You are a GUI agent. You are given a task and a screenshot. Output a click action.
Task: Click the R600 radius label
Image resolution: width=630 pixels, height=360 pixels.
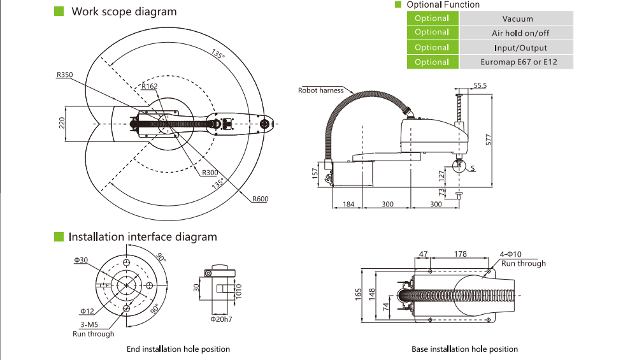[x=259, y=199]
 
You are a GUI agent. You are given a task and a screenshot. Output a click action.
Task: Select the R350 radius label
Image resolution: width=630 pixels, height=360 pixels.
[x=64, y=75]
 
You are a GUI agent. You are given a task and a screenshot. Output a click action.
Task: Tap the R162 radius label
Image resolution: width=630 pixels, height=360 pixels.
[x=150, y=87]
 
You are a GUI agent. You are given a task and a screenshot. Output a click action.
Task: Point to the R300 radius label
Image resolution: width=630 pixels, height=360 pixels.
[x=210, y=173]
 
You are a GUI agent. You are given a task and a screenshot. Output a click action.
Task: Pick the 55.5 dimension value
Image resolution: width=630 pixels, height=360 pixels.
[x=480, y=85]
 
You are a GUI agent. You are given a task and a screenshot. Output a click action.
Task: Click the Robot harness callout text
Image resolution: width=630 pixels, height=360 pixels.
[x=320, y=90]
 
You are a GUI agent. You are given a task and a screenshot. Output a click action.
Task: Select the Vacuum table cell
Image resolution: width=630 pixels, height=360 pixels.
[x=517, y=19]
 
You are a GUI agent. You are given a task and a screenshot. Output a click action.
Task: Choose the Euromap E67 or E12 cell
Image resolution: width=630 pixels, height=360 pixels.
[x=517, y=62]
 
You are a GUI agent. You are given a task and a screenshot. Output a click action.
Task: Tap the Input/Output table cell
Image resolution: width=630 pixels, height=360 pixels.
[x=517, y=48]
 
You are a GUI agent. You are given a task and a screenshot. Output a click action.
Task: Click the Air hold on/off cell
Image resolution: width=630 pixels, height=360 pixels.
[x=517, y=33]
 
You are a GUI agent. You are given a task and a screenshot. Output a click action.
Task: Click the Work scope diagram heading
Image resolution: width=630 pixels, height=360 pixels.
[x=124, y=11]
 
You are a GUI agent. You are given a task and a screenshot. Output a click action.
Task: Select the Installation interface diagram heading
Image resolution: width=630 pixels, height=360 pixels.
[x=143, y=237]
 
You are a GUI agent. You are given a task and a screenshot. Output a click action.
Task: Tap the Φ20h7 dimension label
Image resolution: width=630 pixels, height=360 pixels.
[x=221, y=319]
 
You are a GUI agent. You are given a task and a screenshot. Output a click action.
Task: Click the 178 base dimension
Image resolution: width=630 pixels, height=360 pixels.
[x=460, y=254]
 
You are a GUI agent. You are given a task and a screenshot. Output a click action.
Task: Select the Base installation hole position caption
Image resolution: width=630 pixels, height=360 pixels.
[x=464, y=349]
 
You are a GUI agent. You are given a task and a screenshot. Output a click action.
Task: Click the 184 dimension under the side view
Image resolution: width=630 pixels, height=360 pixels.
[x=348, y=205]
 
